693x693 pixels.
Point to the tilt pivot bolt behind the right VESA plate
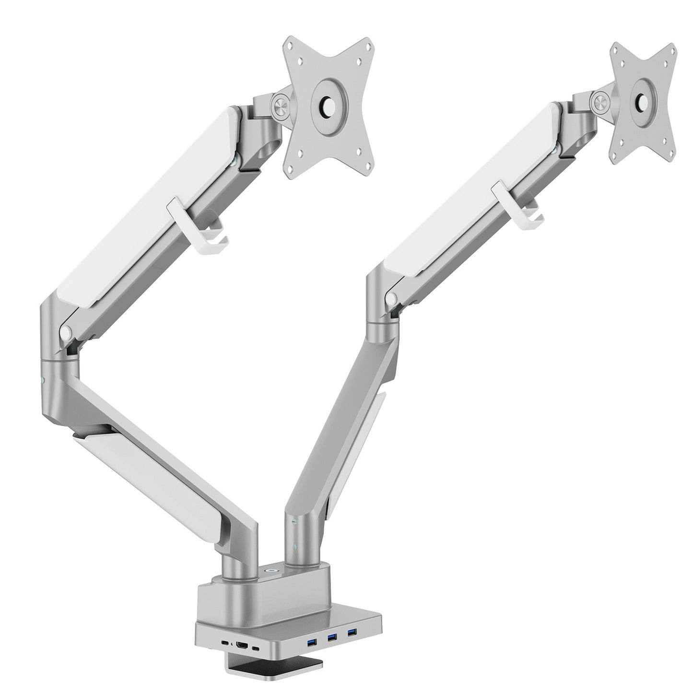pyautogui.click(x=599, y=101)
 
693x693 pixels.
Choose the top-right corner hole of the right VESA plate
pyautogui.click(x=670, y=48)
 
